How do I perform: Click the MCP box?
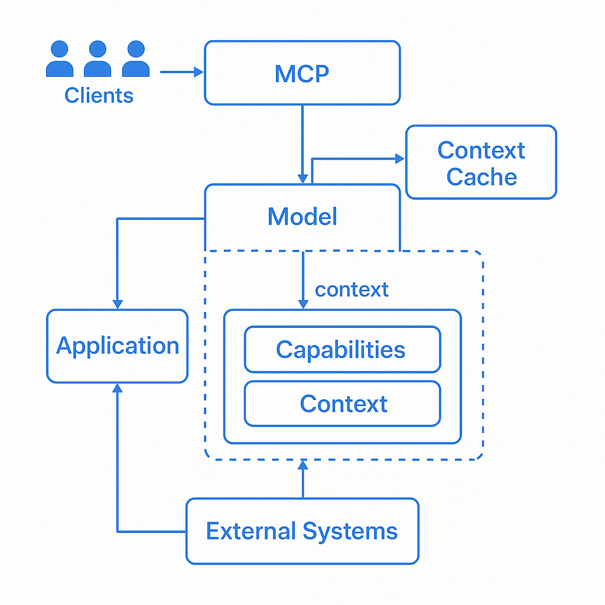pos(302,73)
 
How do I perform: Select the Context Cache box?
pos(481,162)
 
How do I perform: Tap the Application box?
pos(117,346)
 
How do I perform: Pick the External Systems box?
pos(302,531)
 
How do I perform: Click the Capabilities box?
pos(342,349)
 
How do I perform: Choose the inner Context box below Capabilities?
pos(342,404)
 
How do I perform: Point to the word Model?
pos(302,217)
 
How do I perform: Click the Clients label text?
pos(99,95)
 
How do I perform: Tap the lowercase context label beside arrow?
pos(352,290)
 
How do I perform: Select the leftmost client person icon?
pos(60,59)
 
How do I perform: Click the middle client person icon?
pos(97,59)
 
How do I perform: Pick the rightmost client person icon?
pos(135,59)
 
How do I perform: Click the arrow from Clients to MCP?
pos(181,72)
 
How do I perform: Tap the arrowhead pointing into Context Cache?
pos(399,158)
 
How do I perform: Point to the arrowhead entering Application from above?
pos(118,303)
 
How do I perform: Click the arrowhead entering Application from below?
pos(118,389)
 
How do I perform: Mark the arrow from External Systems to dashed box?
pos(302,479)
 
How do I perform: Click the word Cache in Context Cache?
pos(481,177)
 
